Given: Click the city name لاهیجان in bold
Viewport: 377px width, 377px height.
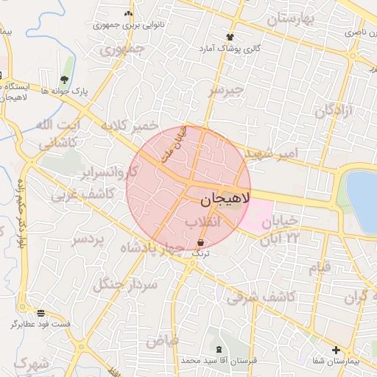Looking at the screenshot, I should (225, 199).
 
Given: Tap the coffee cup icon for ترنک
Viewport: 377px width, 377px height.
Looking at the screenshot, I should (201, 242).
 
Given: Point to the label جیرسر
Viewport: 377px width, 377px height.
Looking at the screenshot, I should (225, 90).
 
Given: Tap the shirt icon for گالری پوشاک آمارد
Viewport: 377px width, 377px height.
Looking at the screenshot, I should (230, 36).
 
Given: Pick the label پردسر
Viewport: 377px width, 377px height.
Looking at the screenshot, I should (89, 240).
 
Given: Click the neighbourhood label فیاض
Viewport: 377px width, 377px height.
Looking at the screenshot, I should (162, 340).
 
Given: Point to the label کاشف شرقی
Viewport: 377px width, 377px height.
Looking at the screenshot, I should (261, 297).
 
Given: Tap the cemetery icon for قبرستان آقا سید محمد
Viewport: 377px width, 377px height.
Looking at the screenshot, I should (219, 348).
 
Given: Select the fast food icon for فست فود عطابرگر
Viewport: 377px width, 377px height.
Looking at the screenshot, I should (40, 312).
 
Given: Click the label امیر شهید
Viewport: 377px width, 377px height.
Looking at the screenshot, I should (272, 153).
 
